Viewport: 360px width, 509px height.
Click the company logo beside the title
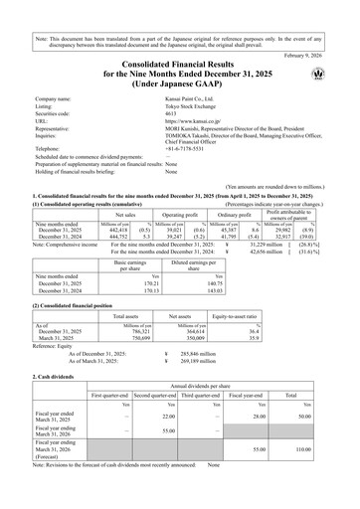tap(331, 76)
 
